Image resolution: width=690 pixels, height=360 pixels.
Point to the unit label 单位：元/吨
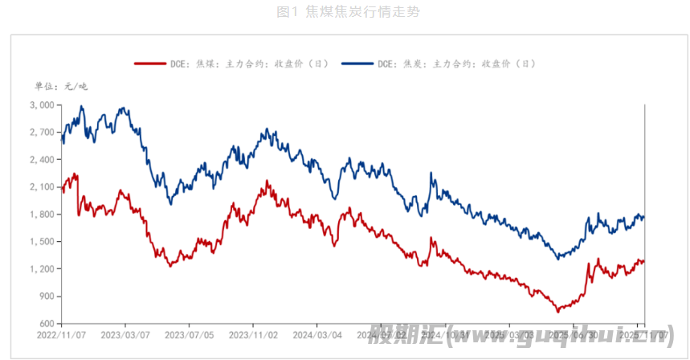point(61,86)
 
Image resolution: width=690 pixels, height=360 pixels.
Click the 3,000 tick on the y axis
point(41,105)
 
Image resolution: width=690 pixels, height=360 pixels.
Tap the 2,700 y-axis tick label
point(41,133)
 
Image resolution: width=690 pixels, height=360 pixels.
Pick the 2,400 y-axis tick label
point(41,160)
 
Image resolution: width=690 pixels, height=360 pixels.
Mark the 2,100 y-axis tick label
point(41,187)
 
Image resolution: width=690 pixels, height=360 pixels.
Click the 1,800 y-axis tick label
point(41,215)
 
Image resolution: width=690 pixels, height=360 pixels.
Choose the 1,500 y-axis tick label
point(41,242)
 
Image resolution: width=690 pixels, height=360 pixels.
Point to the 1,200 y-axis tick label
point(41,269)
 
